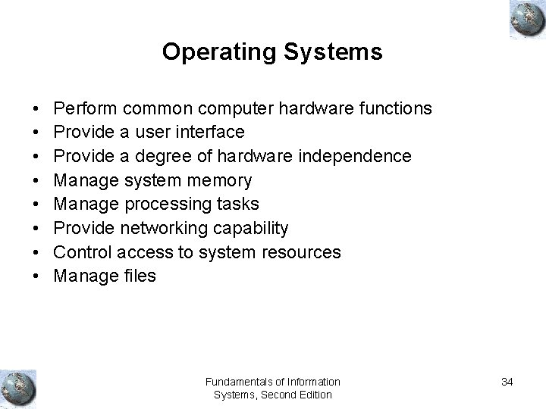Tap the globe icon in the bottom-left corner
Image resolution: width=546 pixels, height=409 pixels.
(18, 387)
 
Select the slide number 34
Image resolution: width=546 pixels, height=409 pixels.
(507, 382)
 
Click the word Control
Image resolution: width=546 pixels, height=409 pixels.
(82, 252)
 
